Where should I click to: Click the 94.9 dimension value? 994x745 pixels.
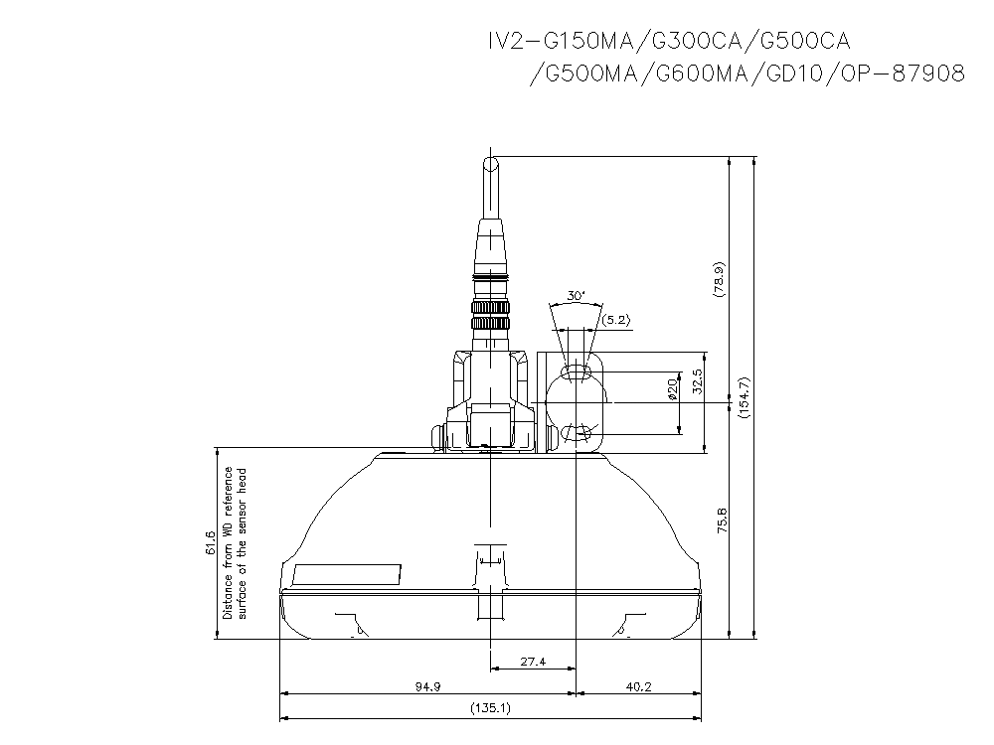428,685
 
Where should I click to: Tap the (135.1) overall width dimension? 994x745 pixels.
490,709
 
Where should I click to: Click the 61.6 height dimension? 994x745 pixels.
210,543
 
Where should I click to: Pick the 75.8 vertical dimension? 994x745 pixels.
722,521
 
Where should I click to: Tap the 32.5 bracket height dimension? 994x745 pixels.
696,382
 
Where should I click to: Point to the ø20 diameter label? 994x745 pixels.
673,388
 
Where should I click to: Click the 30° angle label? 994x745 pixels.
576,296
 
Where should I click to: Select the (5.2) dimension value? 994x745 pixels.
616,319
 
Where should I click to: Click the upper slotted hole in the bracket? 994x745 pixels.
577,372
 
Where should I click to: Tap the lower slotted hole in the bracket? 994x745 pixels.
577,433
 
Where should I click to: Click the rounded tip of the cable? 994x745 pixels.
490,161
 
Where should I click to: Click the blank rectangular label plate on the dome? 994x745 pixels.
347,575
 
